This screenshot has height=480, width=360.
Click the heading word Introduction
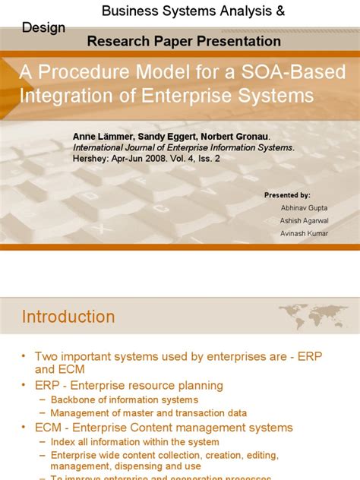click(68, 317)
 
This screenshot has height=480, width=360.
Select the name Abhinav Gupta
click(304, 208)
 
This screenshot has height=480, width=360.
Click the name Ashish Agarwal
click(304, 220)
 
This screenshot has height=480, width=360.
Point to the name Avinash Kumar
click(304, 233)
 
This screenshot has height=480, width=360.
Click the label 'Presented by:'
click(287, 195)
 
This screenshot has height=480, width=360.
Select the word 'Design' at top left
click(43, 27)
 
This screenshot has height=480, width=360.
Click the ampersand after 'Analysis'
click(259, 11)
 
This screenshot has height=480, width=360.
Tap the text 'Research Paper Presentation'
click(184, 41)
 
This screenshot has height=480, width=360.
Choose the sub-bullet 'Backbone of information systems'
click(125, 399)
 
